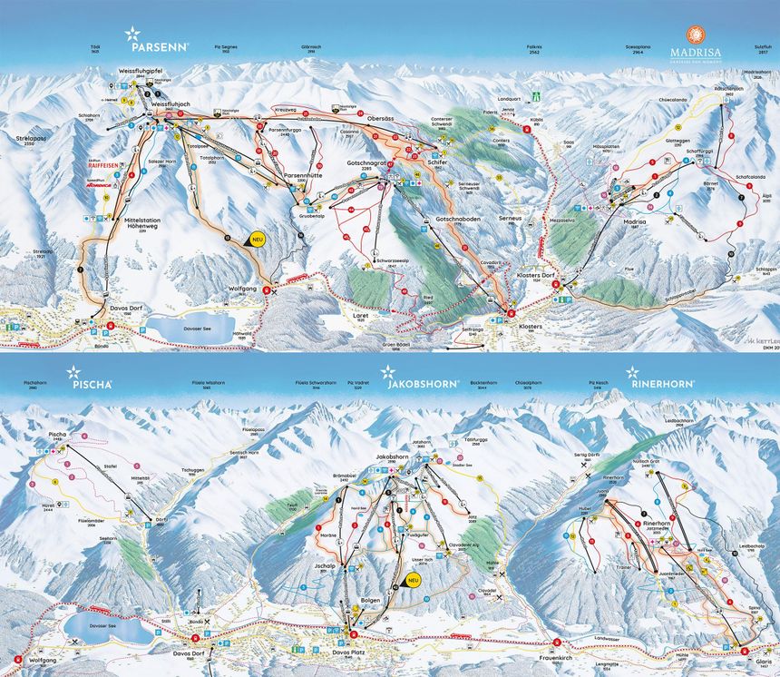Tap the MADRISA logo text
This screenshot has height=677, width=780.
point(695,53)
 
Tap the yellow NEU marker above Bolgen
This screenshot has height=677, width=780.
point(414,581)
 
